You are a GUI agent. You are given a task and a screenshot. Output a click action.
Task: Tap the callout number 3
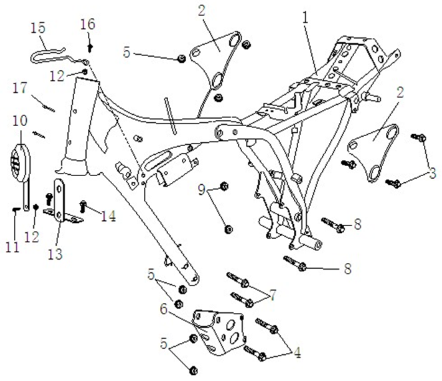pos(433,173)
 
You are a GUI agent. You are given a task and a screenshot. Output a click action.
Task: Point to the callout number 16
pos(87,25)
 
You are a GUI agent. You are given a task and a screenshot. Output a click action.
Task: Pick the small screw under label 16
pos(89,46)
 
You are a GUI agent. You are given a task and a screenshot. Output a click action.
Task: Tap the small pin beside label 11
pos(15,209)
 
